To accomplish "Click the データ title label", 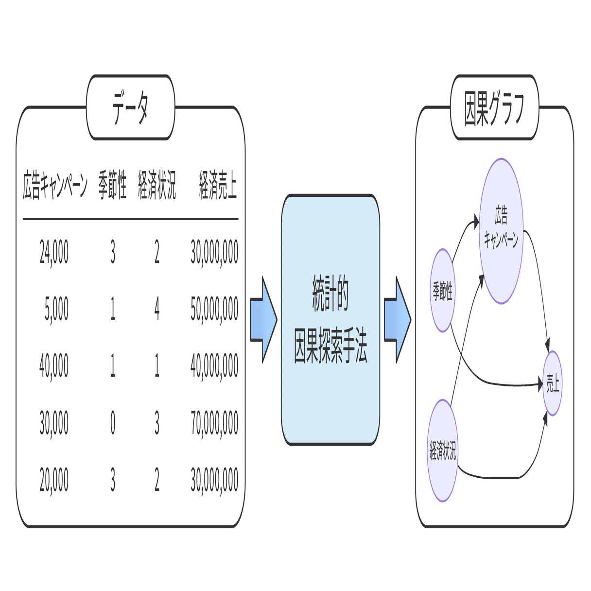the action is (x=130, y=107).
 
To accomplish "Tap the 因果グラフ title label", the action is (x=494, y=108).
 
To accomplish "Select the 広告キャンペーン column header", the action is (x=55, y=185).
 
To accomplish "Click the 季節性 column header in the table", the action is (x=113, y=185).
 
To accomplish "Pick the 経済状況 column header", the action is (x=156, y=185).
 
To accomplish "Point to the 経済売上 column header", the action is (x=218, y=185).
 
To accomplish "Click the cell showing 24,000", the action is (x=54, y=252).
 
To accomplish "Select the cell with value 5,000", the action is (x=57, y=309).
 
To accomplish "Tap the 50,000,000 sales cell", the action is (x=214, y=309).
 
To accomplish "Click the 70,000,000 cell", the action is (x=214, y=423).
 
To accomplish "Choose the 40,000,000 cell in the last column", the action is (x=214, y=366).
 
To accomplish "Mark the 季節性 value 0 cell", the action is (x=113, y=423).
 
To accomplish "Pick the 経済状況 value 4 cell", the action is (x=157, y=309).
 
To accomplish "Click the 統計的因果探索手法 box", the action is (x=330, y=319).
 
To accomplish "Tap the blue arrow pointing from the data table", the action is (x=264, y=320).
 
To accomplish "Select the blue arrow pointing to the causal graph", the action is (x=398, y=320).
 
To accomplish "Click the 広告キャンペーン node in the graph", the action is (x=501, y=231).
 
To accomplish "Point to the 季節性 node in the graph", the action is (x=443, y=291).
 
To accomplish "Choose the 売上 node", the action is (x=553, y=383).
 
